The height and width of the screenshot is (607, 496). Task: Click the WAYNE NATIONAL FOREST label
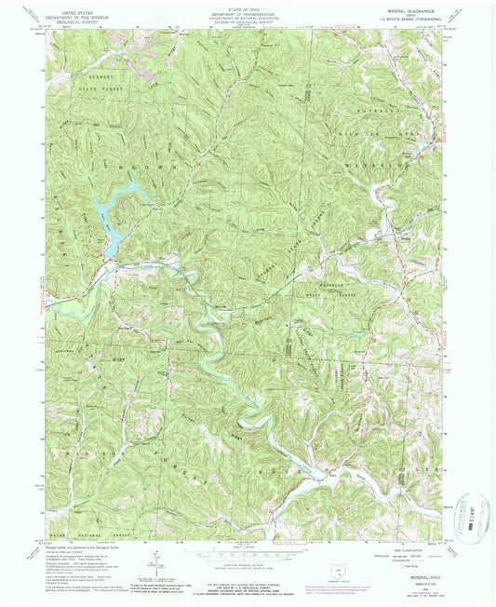(88, 533)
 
